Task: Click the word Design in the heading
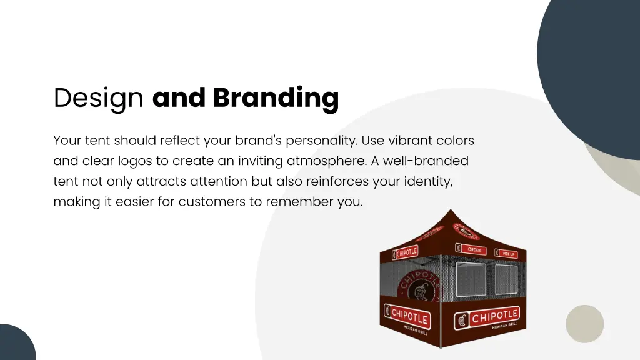tap(98, 99)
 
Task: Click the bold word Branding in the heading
tap(276, 98)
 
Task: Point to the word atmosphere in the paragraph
tap(326, 161)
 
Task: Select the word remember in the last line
tap(302, 202)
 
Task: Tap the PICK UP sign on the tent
tap(507, 254)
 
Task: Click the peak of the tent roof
tap(451, 212)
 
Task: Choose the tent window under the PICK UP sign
tap(506, 281)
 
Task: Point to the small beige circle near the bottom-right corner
tap(584, 324)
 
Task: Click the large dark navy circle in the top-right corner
tap(594, 69)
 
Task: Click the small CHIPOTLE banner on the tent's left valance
tap(405, 252)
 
